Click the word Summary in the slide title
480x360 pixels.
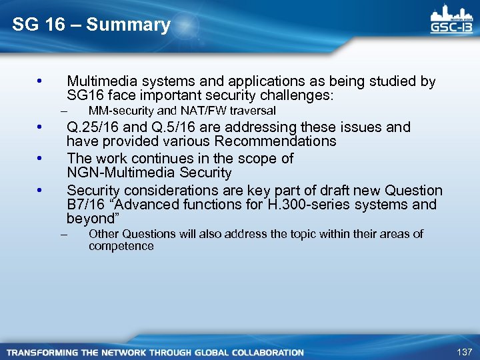coord(128,25)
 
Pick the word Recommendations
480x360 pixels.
coord(273,141)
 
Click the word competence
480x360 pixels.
coord(121,246)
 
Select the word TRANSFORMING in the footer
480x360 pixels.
coord(41,352)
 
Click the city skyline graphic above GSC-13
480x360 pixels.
coord(452,13)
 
